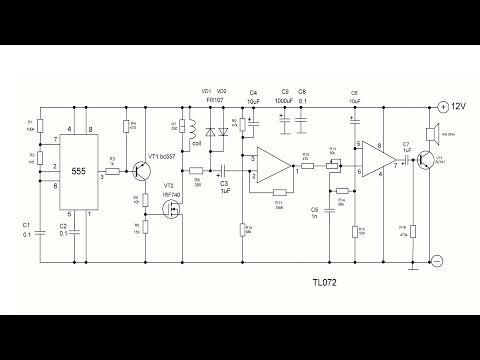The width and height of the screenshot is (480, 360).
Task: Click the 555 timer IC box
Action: (x=78, y=172)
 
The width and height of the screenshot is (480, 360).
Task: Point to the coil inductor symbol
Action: (x=184, y=131)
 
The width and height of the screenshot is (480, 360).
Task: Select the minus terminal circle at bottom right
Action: (x=437, y=260)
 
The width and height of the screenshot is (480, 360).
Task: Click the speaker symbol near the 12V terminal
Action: (x=432, y=134)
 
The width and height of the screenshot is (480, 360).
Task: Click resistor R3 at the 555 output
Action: (x=113, y=172)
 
